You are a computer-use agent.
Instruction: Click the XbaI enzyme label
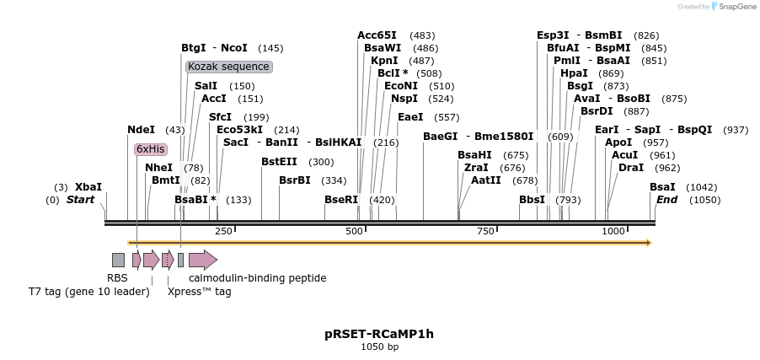pos(88,187)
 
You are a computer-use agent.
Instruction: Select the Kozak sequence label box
pos(228,67)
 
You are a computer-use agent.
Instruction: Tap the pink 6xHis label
pos(150,149)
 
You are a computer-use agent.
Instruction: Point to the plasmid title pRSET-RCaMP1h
pos(379,334)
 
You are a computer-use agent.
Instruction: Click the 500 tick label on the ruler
pos(355,231)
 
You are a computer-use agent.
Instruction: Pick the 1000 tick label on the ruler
pos(613,231)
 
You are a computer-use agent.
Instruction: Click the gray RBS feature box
pos(118,260)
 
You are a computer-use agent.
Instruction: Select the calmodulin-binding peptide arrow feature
pos(203,260)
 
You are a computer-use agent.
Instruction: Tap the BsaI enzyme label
pos(662,187)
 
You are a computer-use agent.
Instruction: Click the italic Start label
pos(81,200)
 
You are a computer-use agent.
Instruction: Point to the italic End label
pos(666,200)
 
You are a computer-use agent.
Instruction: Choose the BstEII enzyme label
pos(280,162)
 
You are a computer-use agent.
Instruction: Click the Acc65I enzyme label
pos(377,35)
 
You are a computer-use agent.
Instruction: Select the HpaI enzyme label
pos(574,73)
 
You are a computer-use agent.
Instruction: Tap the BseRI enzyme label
pos(341,200)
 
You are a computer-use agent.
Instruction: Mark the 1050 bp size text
pos(379,347)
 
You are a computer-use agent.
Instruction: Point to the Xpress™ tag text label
pos(199,292)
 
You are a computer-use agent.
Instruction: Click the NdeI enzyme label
pos(141,130)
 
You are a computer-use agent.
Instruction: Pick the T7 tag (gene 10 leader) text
pos(88,292)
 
